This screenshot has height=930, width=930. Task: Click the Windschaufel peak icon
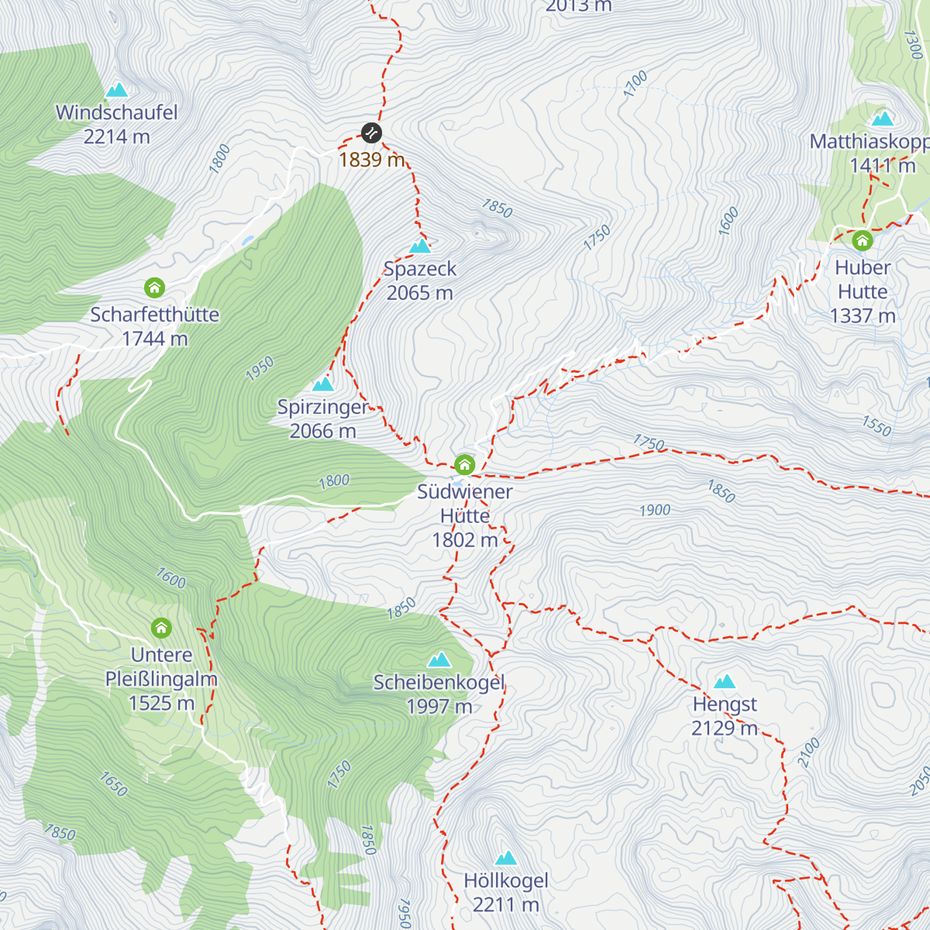(117, 91)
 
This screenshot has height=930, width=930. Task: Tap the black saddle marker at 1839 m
(372, 133)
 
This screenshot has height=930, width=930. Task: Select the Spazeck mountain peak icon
(420, 246)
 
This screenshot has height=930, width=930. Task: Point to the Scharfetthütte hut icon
(155, 288)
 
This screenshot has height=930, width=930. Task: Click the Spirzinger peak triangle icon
(322, 384)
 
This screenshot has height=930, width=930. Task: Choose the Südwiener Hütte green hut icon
(464, 465)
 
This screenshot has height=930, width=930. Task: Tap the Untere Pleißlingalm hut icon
(161, 627)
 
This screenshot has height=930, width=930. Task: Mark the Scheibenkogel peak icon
(439, 660)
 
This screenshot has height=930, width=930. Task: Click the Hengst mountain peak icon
(725, 682)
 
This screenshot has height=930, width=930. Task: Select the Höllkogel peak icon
(506, 858)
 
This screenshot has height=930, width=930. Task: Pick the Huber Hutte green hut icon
(863, 240)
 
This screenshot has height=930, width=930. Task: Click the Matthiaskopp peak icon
(882, 119)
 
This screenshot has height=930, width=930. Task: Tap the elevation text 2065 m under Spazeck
(420, 293)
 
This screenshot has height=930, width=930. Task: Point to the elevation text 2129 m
(725, 728)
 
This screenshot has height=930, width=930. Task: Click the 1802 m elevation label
(465, 540)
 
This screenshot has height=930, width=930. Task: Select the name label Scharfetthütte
(155, 315)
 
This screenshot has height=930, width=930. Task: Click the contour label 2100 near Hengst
(808, 753)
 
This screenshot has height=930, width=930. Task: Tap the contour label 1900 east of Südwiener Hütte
(655, 510)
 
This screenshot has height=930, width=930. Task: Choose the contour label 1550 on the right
(877, 425)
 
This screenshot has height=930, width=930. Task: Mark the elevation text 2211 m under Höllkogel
(506, 904)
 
